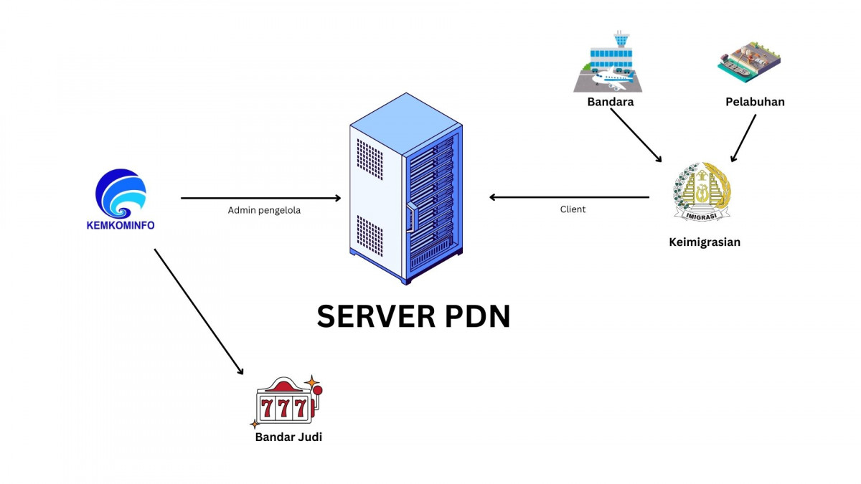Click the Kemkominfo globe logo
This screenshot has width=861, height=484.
[121, 193]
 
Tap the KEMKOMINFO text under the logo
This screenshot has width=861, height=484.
[121, 225]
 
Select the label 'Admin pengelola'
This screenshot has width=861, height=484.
[264, 210]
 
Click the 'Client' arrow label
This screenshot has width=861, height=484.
[573, 209]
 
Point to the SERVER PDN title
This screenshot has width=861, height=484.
[413, 316]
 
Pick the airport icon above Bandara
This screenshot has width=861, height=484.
[608, 62]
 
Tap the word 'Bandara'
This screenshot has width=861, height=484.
[611, 102]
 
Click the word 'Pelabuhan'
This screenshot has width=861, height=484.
[755, 102]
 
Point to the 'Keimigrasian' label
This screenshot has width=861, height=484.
[704, 242]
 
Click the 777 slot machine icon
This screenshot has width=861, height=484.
[286, 402]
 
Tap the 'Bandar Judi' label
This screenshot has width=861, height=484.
[288, 436]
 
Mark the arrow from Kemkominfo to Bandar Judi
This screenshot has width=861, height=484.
[198, 311]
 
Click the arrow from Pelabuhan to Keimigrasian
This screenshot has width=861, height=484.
[743, 138]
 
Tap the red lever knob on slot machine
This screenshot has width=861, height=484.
[317, 391]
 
